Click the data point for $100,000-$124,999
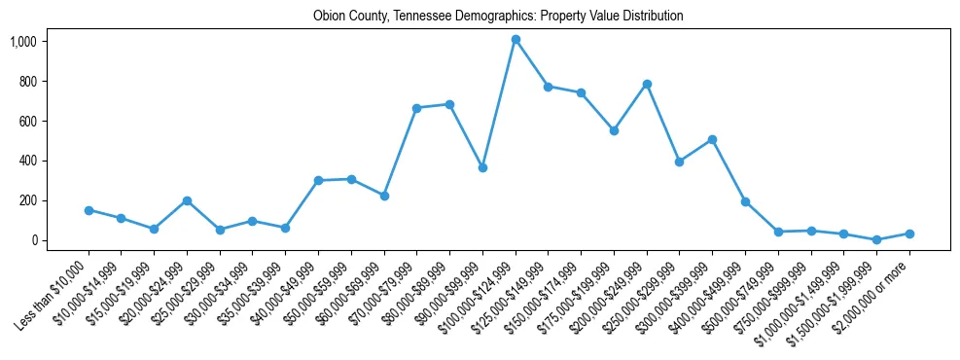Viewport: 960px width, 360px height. click(x=516, y=40)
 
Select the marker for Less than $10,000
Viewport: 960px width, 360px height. click(x=89, y=210)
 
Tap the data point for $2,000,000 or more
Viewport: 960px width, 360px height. click(x=909, y=234)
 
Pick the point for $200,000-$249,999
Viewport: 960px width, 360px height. click(x=647, y=85)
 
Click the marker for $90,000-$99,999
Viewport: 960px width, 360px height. click(x=482, y=167)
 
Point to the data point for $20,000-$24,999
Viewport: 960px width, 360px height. click(x=187, y=200)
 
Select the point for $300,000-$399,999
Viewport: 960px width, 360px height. click(x=712, y=139)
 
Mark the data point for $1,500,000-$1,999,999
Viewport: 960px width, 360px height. click(x=876, y=239)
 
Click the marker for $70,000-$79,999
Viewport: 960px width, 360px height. click(x=416, y=108)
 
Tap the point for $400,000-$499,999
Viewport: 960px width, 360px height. click(x=745, y=201)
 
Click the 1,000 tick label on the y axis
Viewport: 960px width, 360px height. click(x=22, y=42)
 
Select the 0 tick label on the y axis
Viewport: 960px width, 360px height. click(x=33, y=240)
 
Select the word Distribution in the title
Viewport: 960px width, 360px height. click(x=652, y=17)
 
